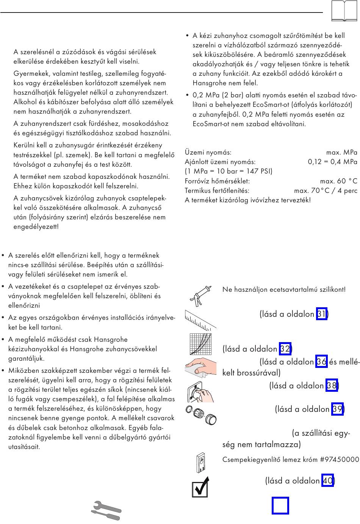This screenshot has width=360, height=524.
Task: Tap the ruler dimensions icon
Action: [200, 320]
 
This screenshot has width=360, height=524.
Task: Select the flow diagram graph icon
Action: [200, 344]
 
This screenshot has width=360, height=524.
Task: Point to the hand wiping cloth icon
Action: [200, 367]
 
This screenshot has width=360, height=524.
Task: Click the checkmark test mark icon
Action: [200, 487]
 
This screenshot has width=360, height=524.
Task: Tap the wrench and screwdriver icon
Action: [106, 511]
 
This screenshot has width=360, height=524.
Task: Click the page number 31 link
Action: [321, 314]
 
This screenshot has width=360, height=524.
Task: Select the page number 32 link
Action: [285, 349]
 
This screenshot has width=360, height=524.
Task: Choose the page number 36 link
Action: [321, 362]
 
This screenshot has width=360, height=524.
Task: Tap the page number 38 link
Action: [331, 386]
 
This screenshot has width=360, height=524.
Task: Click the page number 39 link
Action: [337, 409]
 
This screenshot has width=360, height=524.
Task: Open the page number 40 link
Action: [327, 481]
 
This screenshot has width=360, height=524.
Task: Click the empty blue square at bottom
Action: [280, 506]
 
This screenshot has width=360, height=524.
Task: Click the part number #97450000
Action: [340, 460]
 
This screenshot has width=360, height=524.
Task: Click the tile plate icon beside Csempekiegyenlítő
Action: [201, 463]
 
